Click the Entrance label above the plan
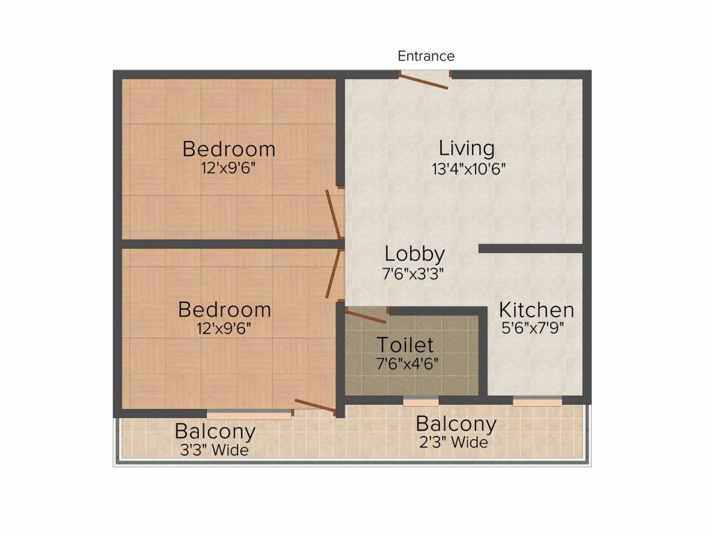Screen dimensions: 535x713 (x=426, y=56)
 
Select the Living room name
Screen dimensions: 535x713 (x=467, y=148)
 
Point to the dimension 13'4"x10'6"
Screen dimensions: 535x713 (x=468, y=168)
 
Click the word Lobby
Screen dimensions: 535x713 (x=414, y=254)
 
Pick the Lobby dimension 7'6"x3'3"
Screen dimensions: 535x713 (x=414, y=274)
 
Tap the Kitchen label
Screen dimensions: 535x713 (x=536, y=310)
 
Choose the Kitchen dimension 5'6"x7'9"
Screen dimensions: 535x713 (x=533, y=327)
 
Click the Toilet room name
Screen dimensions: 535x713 (x=405, y=345)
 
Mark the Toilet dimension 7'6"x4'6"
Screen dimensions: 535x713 (x=407, y=363)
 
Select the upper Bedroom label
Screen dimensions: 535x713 (x=229, y=149)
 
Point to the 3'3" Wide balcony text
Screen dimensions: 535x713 (x=214, y=450)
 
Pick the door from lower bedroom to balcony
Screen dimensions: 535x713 (x=315, y=406)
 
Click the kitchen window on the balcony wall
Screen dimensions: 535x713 (x=537, y=401)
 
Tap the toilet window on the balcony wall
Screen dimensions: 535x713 (x=421, y=401)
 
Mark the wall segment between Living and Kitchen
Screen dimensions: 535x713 (x=531, y=249)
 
